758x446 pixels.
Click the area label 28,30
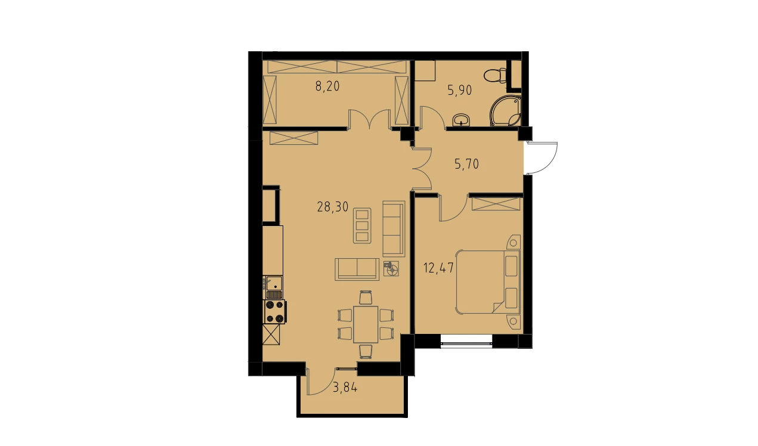(333, 207)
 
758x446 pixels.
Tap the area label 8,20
(327, 86)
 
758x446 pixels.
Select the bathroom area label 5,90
(460, 91)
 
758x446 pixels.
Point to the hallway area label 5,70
(466, 164)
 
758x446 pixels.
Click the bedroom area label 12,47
(438, 268)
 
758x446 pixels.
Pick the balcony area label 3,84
(345, 387)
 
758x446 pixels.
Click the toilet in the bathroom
(495, 76)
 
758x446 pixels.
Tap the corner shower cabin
(505, 111)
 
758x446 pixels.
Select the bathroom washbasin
(461, 119)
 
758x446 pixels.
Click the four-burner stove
(275, 312)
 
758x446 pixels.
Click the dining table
(366, 324)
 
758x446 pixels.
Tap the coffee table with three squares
(362, 226)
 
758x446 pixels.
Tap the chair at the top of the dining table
(366, 298)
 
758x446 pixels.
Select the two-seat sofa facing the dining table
(357, 270)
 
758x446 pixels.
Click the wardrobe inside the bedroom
(496, 205)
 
